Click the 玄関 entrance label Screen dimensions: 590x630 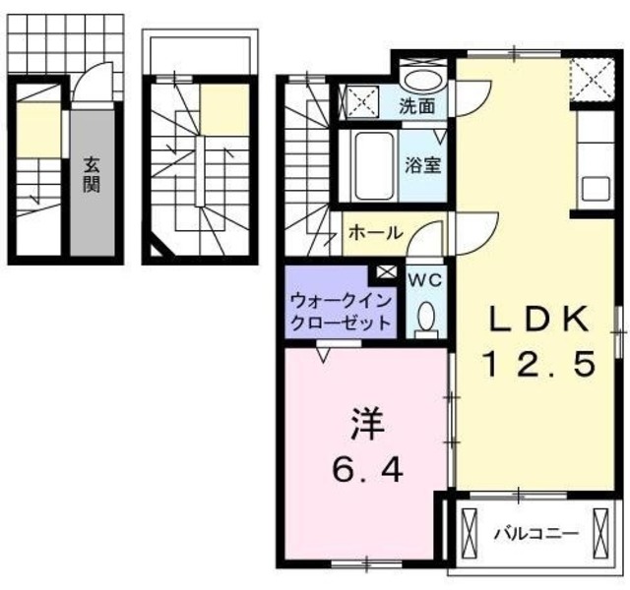click(x=91, y=174)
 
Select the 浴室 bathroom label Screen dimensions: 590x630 click(x=424, y=164)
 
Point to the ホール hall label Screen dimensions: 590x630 click(x=375, y=233)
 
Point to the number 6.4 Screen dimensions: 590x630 click(x=365, y=472)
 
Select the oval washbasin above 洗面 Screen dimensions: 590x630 click(x=423, y=81)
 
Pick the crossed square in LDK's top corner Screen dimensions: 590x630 click(x=591, y=74)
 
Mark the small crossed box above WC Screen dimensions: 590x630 click(x=387, y=272)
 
